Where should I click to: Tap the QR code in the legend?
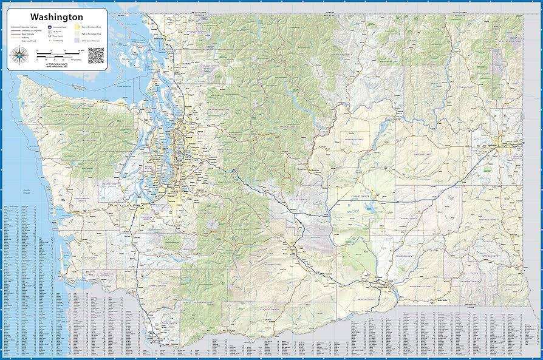pyautogui.click(x=95, y=55)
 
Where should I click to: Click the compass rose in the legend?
pyautogui.click(x=20, y=56)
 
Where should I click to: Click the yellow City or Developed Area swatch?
pyautogui.click(x=77, y=27)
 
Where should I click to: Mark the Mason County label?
pyautogui.click(x=111, y=182)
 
